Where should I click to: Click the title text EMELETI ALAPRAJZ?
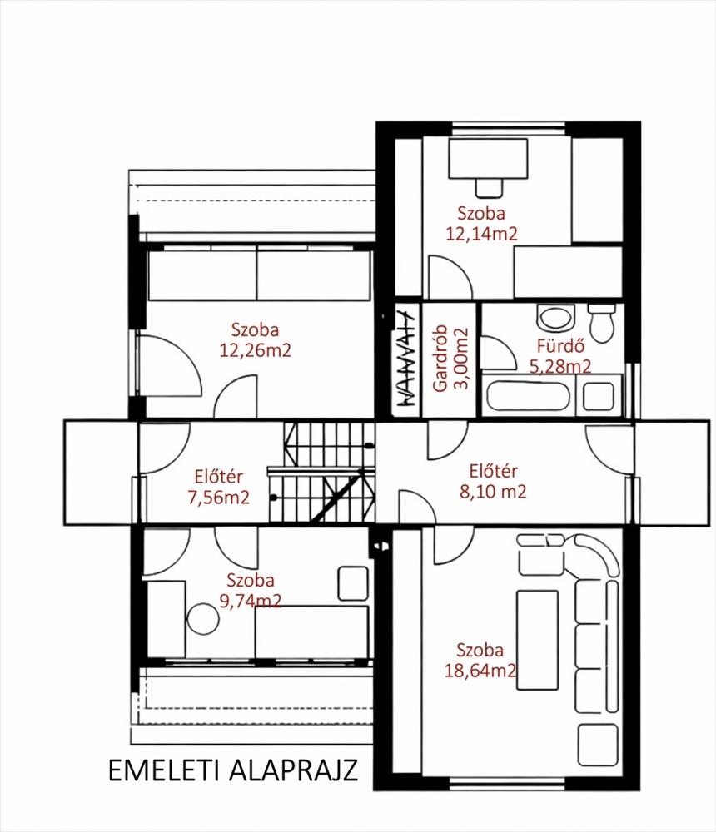[x=232, y=770]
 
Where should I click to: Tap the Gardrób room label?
[x=440, y=358]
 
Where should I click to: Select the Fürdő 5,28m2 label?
[x=560, y=356]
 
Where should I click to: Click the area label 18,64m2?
[x=480, y=670]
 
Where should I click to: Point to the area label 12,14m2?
[x=481, y=234]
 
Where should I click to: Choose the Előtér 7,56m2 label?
[x=218, y=487]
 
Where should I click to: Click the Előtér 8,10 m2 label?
[x=493, y=481]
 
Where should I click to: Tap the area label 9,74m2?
[x=250, y=600]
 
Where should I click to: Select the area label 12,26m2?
[x=256, y=350]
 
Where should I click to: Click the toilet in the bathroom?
[x=602, y=323]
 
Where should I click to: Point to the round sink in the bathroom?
[x=556, y=318]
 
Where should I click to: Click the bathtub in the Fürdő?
[x=528, y=395]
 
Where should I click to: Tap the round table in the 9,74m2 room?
[x=203, y=619]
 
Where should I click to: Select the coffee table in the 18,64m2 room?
[x=538, y=640]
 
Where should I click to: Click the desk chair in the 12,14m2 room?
[x=489, y=187]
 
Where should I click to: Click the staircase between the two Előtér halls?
[x=322, y=472]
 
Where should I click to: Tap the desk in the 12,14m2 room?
[x=488, y=159]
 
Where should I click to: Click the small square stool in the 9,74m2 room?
[x=353, y=583]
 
